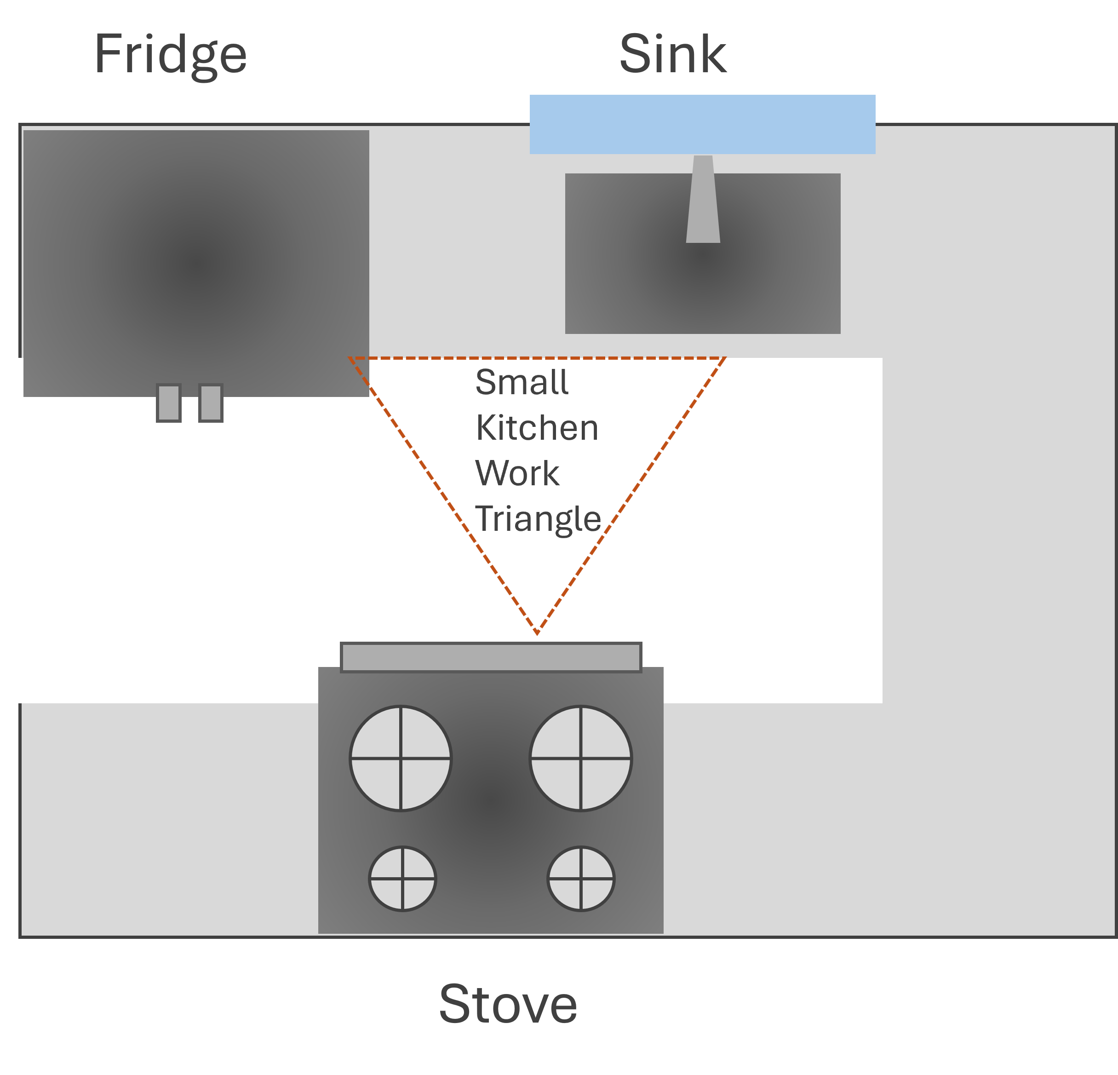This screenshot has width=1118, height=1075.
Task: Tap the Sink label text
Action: pyautogui.click(x=673, y=55)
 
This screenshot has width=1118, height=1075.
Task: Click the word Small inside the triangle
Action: pyautogui.click(x=522, y=382)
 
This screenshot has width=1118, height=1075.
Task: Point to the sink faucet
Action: pyautogui.click(x=703, y=200)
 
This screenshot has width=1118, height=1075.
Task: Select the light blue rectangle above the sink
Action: pyautogui.click(x=702, y=124)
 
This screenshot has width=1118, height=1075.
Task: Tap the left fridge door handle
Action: pyautogui.click(x=169, y=404)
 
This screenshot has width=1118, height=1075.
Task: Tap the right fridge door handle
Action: pyautogui.click(x=211, y=404)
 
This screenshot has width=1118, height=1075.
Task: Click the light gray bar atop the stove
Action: pyautogui.click(x=491, y=658)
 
